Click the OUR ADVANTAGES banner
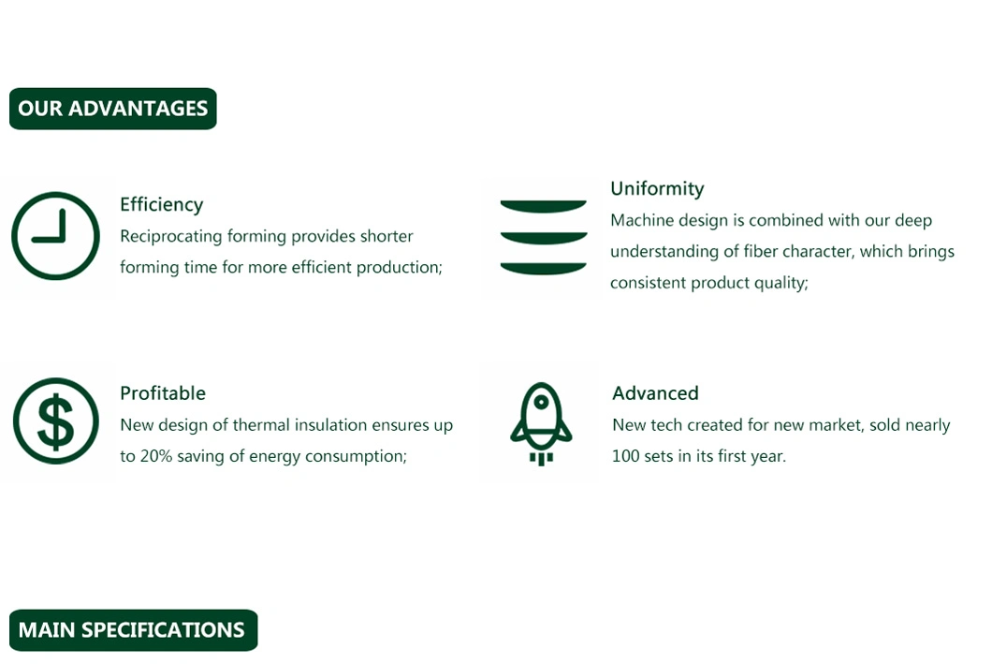pos(113,109)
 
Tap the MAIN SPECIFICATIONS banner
pos(134,630)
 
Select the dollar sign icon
pos(55,421)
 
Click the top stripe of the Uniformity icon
pos(544,206)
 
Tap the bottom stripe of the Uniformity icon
pos(544,269)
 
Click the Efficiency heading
pos(162,204)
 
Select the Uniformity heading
pos(657,188)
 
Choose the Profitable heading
pos(163,393)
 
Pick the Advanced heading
pos(655,393)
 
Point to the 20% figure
pos(156,456)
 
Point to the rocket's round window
pos(541,402)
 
